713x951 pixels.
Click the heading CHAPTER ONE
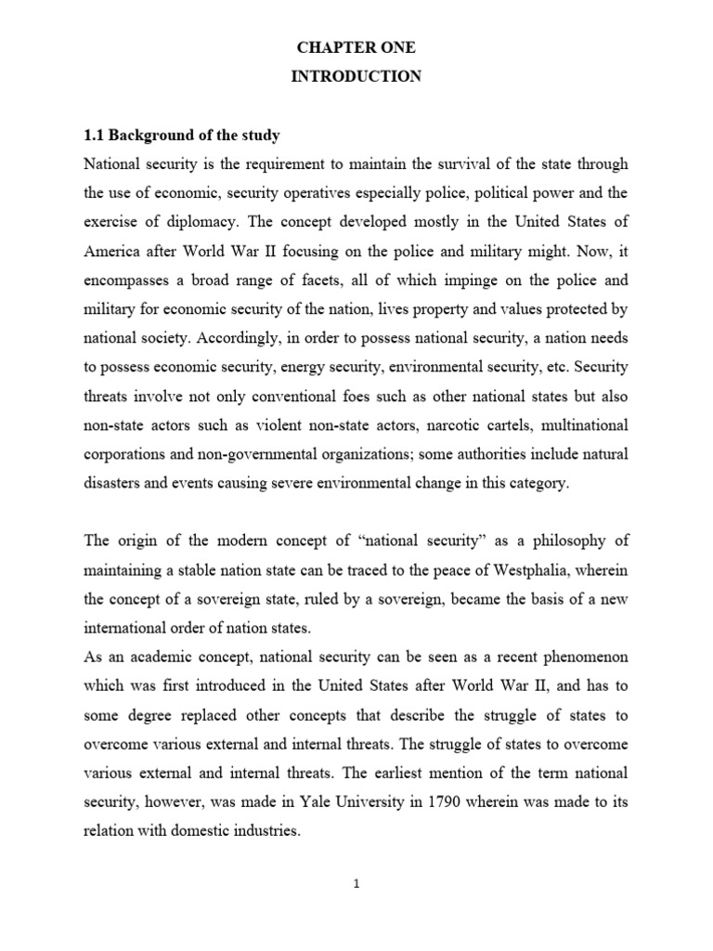356,47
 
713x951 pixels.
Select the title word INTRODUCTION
356,77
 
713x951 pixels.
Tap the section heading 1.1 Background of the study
181,136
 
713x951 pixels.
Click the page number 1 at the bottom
356,885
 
